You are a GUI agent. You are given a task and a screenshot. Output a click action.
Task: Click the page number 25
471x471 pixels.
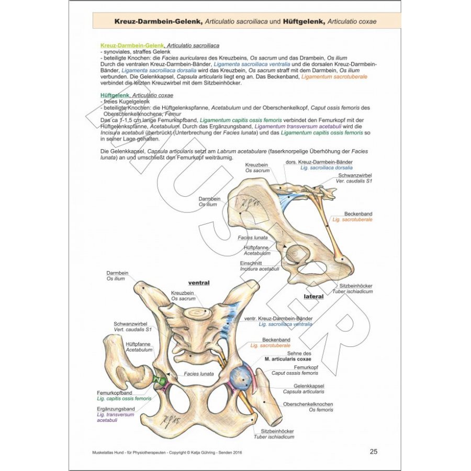pyautogui.click(x=373, y=452)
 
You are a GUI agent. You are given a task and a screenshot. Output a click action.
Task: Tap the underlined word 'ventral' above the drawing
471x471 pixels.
pyautogui.click(x=199, y=283)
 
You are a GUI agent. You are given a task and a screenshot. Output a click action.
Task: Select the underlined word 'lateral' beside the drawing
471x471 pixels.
pyautogui.click(x=313, y=296)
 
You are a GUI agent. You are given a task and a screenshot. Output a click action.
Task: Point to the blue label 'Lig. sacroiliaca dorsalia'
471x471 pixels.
pyautogui.click(x=326, y=168)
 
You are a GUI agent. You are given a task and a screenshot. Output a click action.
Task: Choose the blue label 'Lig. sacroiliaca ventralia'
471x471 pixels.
pyautogui.click(x=285, y=324)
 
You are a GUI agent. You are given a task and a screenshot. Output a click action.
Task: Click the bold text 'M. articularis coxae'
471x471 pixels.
pyautogui.click(x=288, y=360)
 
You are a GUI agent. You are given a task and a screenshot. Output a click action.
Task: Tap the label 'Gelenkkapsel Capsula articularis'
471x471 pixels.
pyautogui.click(x=304, y=388)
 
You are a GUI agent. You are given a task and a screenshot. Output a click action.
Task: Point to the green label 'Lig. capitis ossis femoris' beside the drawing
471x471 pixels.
pyautogui.click(x=124, y=398)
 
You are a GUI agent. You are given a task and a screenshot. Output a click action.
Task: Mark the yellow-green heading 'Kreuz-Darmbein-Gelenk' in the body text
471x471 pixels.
pyautogui.click(x=131, y=46)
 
